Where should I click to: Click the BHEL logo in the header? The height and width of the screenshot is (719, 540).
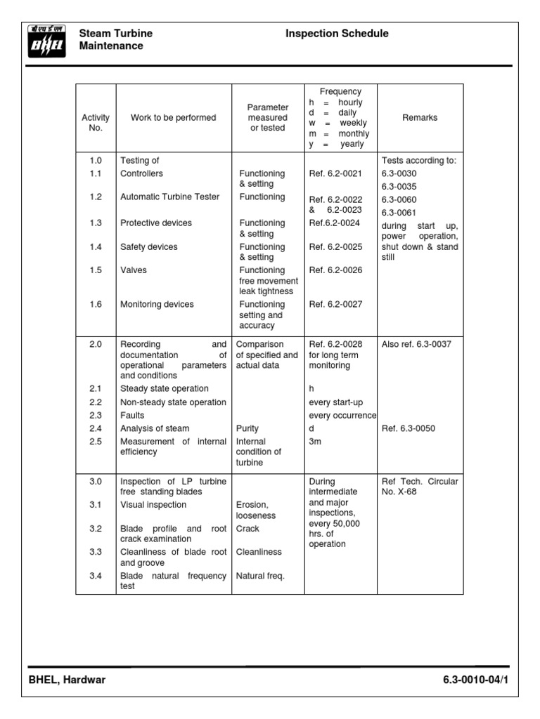pos(46,40)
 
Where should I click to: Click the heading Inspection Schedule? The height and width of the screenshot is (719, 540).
pos(337,34)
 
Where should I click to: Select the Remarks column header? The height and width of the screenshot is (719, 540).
pos(420,118)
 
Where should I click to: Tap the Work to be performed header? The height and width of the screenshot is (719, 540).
pos(173,118)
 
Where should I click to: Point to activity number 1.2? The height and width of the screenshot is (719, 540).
pos(96,197)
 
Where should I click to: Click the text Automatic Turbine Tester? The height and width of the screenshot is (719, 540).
pos(169,197)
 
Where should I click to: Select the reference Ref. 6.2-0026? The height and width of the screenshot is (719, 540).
pos(335,270)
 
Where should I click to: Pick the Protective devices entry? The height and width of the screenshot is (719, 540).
pos(155,223)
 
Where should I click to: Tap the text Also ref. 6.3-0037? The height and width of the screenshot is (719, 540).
pos(416,345)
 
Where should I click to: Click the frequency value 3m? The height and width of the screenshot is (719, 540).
pos(316,442)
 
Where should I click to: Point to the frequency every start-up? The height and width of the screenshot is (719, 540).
pos(336,402)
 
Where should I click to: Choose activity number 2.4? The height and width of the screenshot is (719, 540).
pos(96,428)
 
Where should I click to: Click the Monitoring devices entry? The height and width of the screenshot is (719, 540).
pos(157,305)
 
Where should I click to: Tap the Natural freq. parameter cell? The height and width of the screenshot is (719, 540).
pos(260,576)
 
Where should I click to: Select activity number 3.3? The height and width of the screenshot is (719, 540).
pos(96,553)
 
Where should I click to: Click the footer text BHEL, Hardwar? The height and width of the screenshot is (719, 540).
pos(67,680)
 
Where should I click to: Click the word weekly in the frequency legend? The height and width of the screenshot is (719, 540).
pos(354,123)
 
